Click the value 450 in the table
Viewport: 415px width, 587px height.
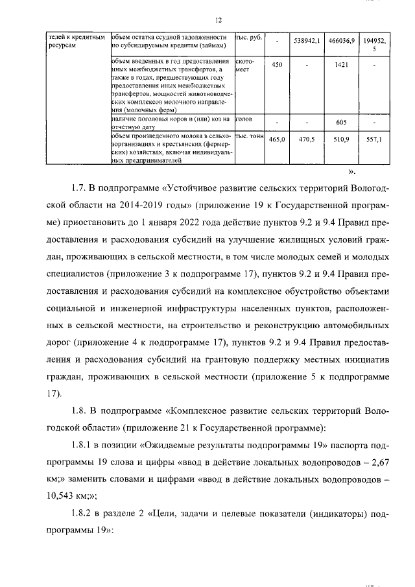[276, 65]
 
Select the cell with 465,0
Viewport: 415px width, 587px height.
[276, 139]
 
